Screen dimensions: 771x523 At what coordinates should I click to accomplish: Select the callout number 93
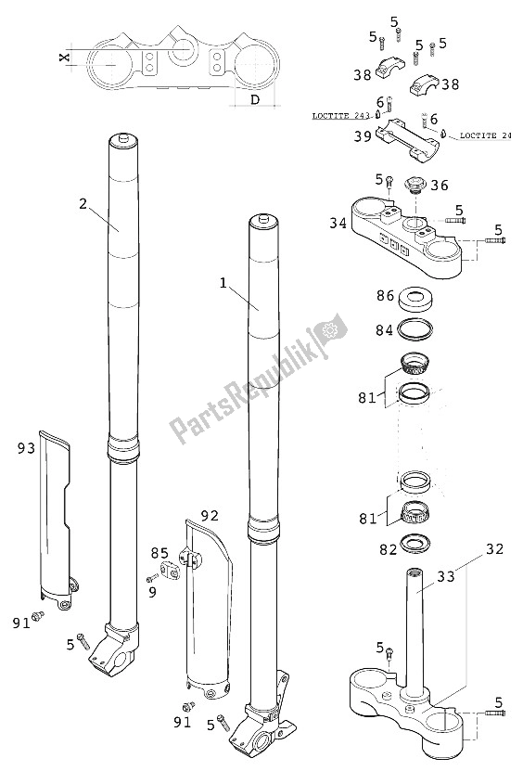coord(25,449)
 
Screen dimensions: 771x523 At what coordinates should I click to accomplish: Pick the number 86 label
coord(383,296)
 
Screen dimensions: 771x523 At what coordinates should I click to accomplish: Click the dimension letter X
coord(64,58)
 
